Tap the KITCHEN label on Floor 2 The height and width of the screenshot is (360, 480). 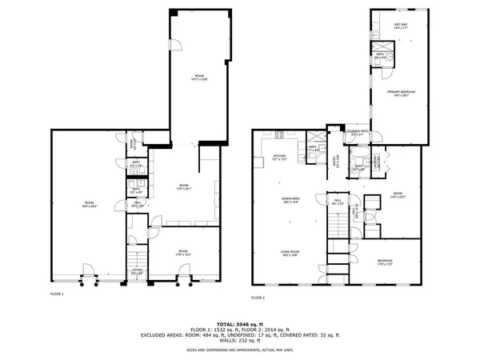(279, 156)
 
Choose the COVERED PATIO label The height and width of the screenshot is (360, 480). (356, 132)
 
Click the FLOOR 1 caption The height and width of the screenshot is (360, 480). (58, 295)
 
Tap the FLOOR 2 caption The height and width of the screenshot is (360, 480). (258, 297)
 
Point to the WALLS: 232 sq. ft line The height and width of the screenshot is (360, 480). (240, 342)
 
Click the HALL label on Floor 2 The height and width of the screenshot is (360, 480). (338, 203)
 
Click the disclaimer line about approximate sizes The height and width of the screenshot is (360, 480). (240, 351)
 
